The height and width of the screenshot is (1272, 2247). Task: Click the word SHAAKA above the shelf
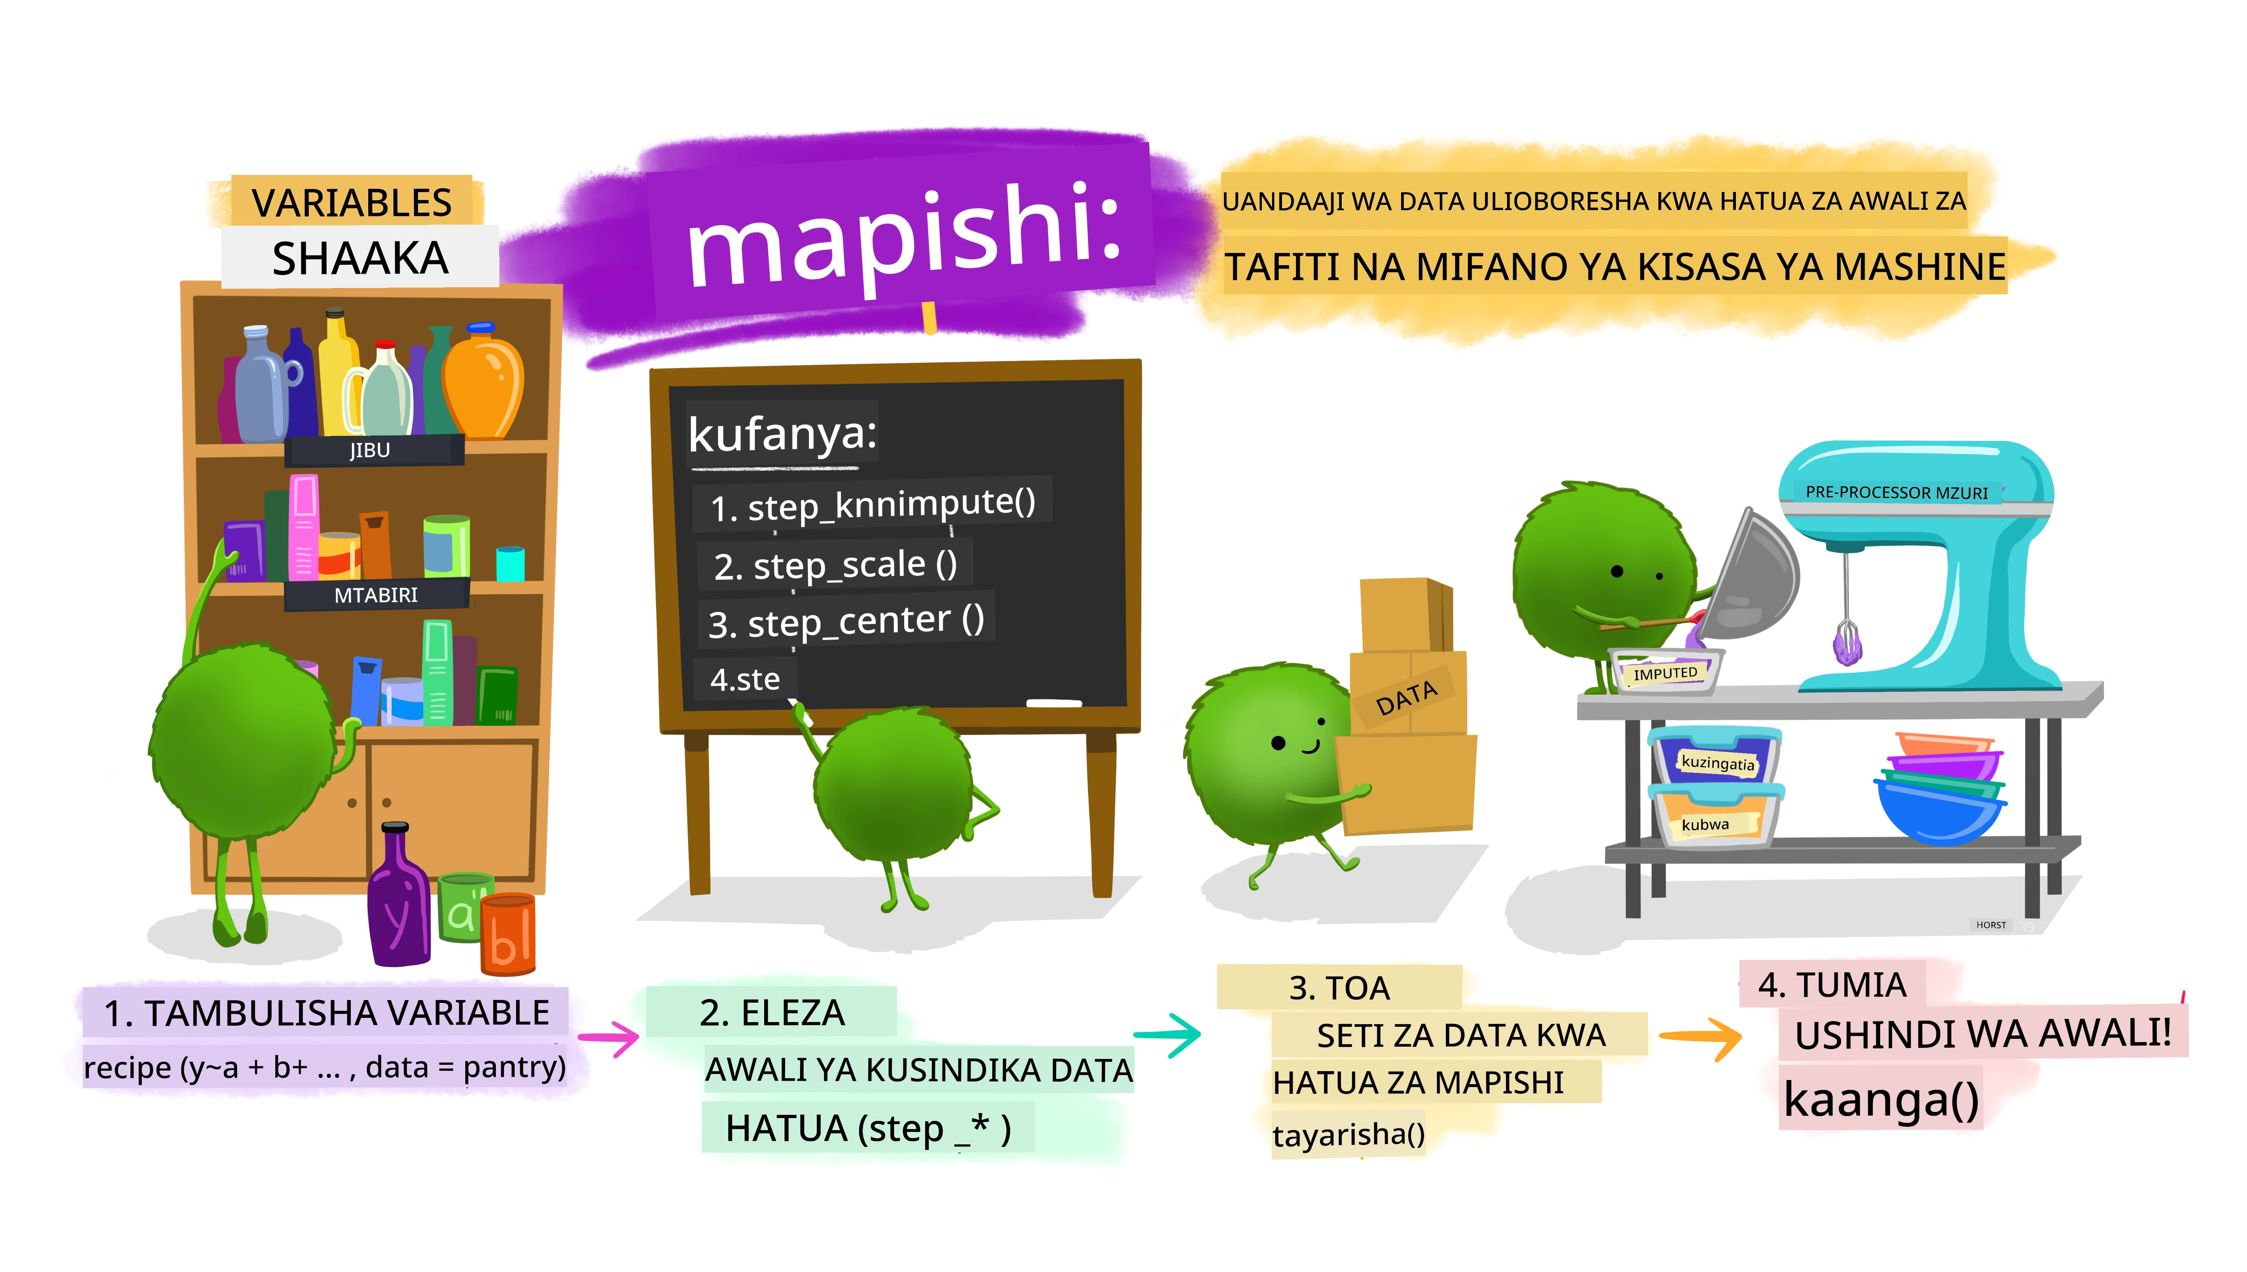360,258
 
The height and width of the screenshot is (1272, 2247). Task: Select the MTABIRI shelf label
376,595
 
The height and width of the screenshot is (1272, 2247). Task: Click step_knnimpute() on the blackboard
873,504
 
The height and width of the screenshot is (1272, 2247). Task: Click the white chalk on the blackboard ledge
1054,702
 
